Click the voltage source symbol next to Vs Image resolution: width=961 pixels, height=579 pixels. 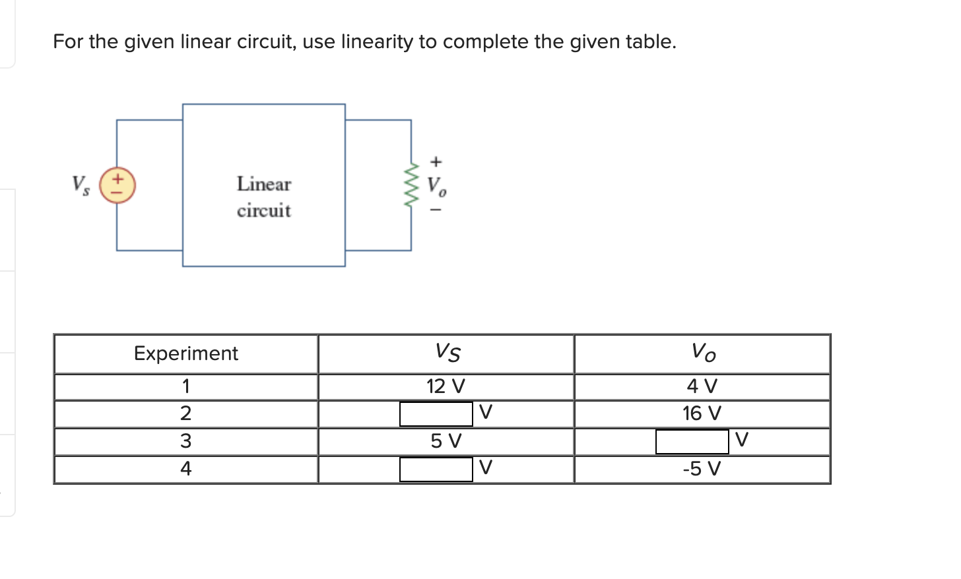(117, 185)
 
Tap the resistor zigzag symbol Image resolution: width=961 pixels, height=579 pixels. (412, 185)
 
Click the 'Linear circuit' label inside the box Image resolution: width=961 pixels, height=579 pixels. (264, 197)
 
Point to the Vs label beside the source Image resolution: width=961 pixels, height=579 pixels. (81, 185)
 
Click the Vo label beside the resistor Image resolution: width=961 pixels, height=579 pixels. (436, 187)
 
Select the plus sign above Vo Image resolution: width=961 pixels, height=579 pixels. (436, 162)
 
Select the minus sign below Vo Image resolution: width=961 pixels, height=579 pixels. (436, 210)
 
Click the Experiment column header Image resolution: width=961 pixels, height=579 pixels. (185, 353)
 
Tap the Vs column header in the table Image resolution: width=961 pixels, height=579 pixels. (447, 353)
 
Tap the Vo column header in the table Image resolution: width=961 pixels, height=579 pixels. (702, 353)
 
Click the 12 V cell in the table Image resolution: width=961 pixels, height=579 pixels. (446, 386)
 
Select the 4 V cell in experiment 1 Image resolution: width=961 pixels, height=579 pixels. (702, 386)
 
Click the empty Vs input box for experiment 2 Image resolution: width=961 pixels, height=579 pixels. (436, 414)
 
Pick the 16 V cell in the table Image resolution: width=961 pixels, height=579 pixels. (702, 413)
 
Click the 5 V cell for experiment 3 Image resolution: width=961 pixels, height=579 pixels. (446, 441)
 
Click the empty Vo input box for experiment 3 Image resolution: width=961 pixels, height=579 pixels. (692, 442)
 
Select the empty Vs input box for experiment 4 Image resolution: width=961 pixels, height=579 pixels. (436, 470)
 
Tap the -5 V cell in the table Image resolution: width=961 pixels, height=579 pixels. (702, 469)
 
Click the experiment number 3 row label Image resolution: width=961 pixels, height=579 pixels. (185, 441)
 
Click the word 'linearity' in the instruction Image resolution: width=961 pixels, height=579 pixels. (376, 42)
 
